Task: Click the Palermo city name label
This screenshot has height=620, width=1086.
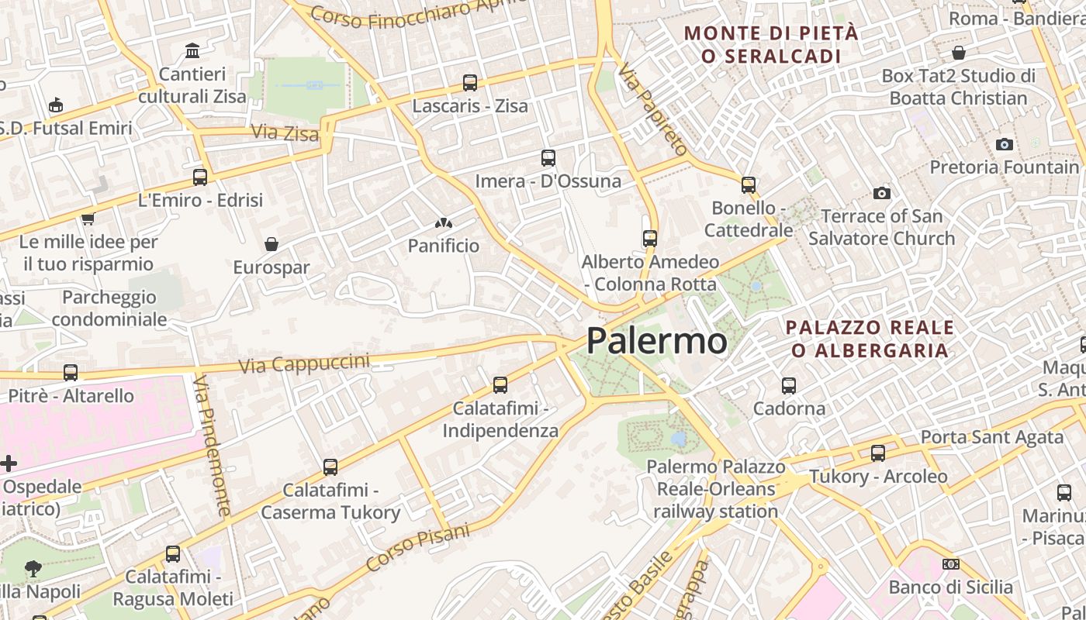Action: point(656,341)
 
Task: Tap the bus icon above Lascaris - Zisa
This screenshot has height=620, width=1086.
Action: point(470,83)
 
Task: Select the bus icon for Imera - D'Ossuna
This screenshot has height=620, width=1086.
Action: point(548,158)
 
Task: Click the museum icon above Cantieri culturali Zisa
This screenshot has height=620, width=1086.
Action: point(192,51)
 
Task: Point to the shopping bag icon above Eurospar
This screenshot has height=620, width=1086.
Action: point(271,244)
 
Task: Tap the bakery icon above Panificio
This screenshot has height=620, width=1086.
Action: point(444,223)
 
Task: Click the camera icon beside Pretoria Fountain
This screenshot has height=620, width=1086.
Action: point(1005,144)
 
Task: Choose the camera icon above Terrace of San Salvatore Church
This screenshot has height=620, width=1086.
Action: point(882,193)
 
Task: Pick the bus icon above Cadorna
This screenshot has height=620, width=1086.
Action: point(789,385)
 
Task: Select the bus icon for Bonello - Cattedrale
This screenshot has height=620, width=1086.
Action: point(749,185)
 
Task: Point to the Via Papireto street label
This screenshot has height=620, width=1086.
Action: point(653,108)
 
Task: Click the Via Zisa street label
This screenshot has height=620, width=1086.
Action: point(285,133)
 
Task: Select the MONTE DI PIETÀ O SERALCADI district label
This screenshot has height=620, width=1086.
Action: point(772,44)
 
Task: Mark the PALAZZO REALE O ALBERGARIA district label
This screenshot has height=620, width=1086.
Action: point(870,339)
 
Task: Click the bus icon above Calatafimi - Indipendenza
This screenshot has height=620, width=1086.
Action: point(500,385)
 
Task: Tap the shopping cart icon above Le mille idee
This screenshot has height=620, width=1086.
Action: point(88,219)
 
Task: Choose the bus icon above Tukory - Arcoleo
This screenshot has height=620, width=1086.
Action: point(878,453)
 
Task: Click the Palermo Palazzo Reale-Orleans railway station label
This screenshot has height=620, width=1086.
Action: point(716,489)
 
